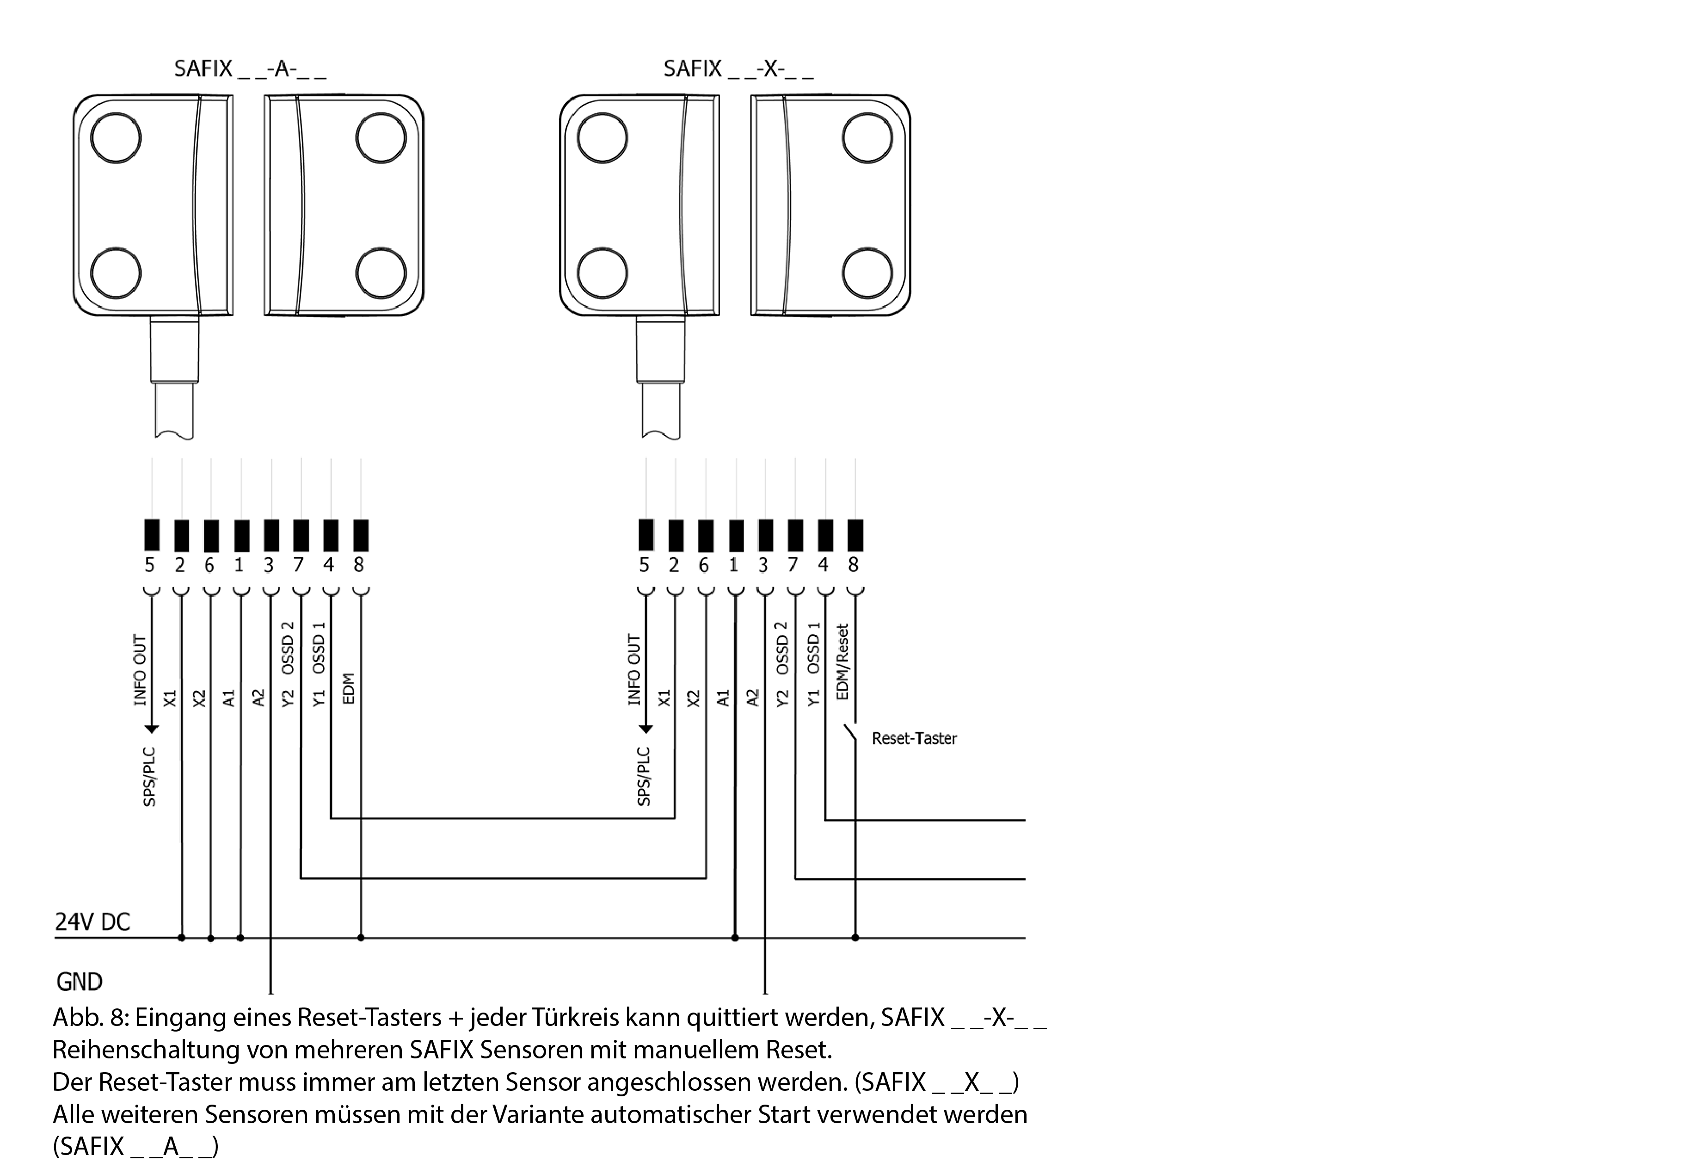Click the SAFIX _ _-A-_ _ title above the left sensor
pyautogui.click(x=249, y=69)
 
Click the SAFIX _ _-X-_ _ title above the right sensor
pyautogui.click(x=738, y=69)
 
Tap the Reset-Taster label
pyautogui.click(x=914, y=738)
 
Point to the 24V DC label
pyautogui.click(x=92, y=921)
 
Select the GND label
pyautogui.click(x=79, y=981)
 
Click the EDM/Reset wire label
pyautogui.click(x=842, y=662)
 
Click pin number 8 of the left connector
pyautogui.click(x=358, y=564)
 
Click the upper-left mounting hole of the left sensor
pyautogui.click(x=116, y=138)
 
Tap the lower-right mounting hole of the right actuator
pyautogui.click(x=867, y=273)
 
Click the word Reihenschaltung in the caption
pyautogui.click(x=145, y=1050)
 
